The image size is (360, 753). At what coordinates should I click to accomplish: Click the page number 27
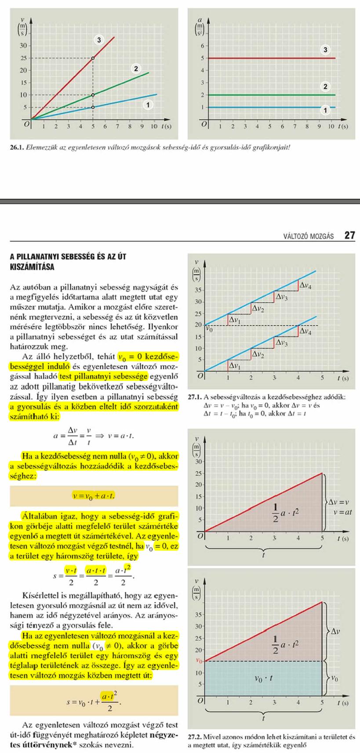click(x=349, y=236)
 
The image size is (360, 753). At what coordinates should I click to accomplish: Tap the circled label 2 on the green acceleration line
click(x=325, y=86)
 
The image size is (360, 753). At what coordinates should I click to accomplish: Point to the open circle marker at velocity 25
click(x=93, y=58)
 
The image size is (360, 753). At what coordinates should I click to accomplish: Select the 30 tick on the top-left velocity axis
click(x=23, y=46)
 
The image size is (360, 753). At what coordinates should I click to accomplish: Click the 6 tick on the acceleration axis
click(x=202, y=46)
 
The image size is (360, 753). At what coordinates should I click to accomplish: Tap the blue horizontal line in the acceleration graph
click(x=264, y=107)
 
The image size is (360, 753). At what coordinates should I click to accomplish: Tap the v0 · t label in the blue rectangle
click(x=264, y=679)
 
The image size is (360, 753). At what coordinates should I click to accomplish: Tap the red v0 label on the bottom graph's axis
click(x=198, y=661)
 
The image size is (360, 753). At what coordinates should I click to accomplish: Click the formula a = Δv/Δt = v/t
click(x=94, y=436)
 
